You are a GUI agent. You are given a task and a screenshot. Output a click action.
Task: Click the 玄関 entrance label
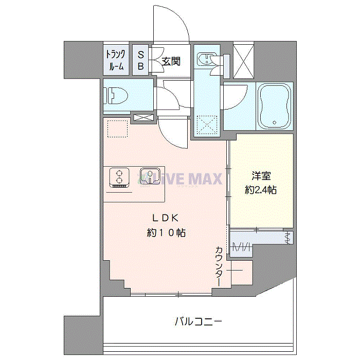pos(171,61)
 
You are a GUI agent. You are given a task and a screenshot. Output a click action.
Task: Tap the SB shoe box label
pos(141,60)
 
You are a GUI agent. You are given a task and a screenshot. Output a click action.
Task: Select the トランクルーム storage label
pos(116,60)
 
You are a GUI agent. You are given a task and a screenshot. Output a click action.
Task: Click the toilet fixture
pos(116,96)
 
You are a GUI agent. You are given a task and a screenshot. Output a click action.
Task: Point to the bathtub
pos(275,106)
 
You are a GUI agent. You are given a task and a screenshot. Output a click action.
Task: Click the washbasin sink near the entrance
pos(207,58)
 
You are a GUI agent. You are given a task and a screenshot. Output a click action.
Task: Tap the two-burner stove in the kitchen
pos(119,178)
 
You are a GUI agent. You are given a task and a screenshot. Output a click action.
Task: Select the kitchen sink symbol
pos(150,176)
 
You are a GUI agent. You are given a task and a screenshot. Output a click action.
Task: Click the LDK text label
pos(166,218)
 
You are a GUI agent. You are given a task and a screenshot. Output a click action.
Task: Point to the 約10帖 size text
pos(166,233)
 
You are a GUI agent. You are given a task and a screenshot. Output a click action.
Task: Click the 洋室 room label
pos(261,176)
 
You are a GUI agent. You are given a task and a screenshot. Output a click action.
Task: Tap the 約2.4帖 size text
pos(261,190)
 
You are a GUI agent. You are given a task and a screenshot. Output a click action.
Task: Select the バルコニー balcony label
pos(199,321)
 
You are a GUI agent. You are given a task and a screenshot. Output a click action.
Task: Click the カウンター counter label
pos(219,266)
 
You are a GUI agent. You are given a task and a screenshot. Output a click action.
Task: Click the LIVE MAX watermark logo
pos(179,178)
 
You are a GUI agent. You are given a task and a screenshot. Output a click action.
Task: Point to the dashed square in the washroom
pos(207,125)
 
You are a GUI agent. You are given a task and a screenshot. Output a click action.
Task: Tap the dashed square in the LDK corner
pos(117,129)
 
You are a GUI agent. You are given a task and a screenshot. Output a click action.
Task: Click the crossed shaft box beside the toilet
pos(143,118)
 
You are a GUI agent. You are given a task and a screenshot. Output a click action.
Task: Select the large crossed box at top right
pos(243,61)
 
